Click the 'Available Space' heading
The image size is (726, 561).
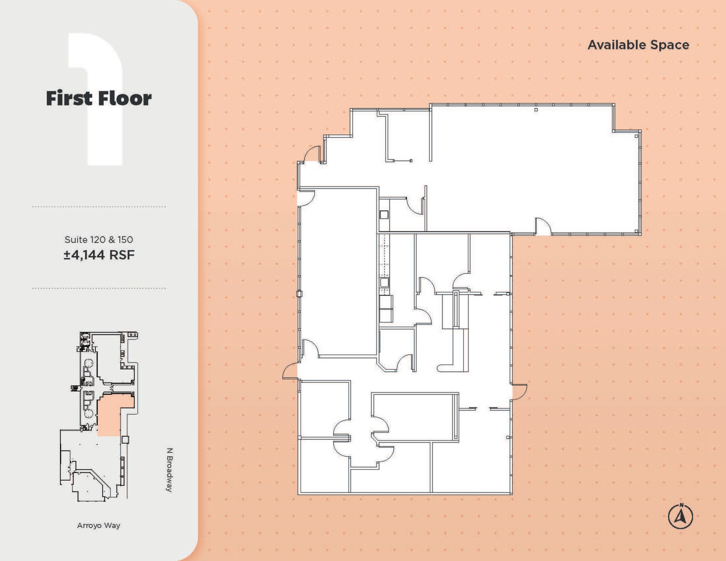638,45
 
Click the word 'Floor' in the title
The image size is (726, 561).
124,98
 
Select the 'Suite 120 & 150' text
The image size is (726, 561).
99,240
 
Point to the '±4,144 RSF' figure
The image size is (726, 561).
99,255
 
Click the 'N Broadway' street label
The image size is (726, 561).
169,470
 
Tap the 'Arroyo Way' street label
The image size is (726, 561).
99,525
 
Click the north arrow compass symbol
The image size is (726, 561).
680,516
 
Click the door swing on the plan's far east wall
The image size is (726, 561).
519,392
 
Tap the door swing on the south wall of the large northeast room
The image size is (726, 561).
543,227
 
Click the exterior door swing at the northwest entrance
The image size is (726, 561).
312,155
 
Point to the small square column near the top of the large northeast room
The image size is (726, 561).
536,110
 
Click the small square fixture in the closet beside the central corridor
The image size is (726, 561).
384,214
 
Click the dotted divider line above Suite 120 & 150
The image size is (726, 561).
99,207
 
